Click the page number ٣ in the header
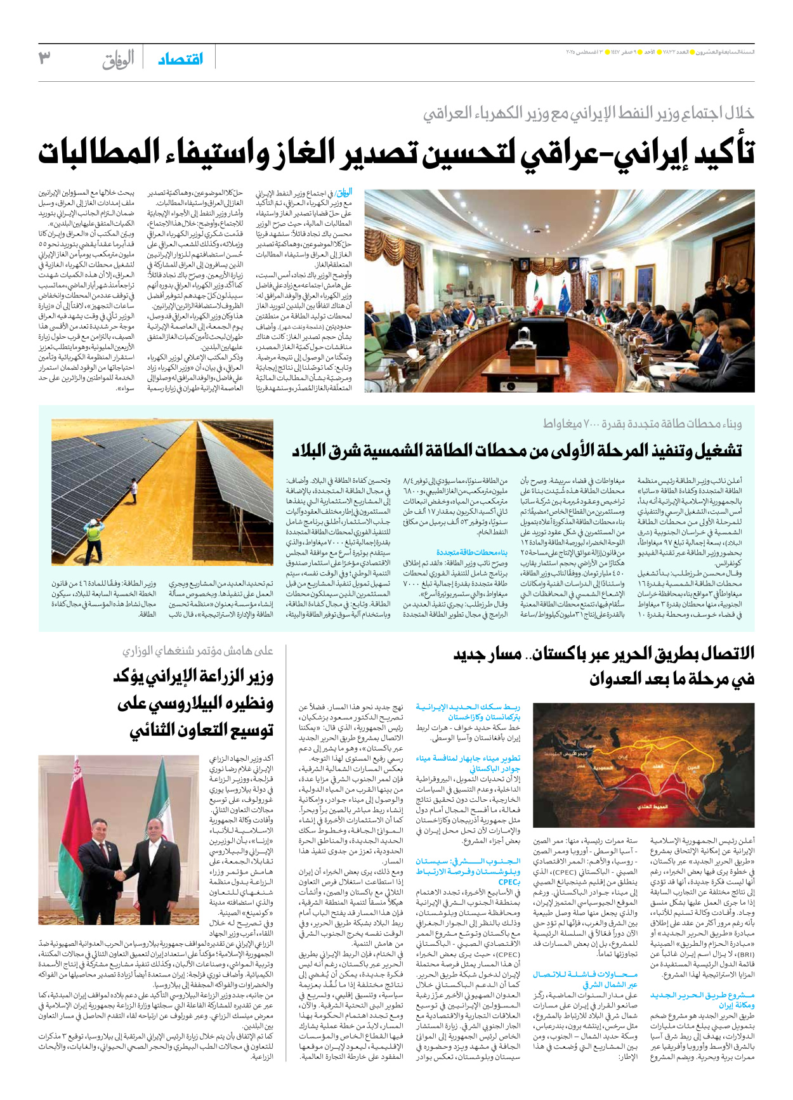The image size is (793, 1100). click(44, 59)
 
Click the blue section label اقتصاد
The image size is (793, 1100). click(180, 59)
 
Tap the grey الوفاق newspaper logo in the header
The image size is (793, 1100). click(118, 60)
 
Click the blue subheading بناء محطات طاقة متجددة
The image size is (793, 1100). click(471, 552)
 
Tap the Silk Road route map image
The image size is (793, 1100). click(643, 765)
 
